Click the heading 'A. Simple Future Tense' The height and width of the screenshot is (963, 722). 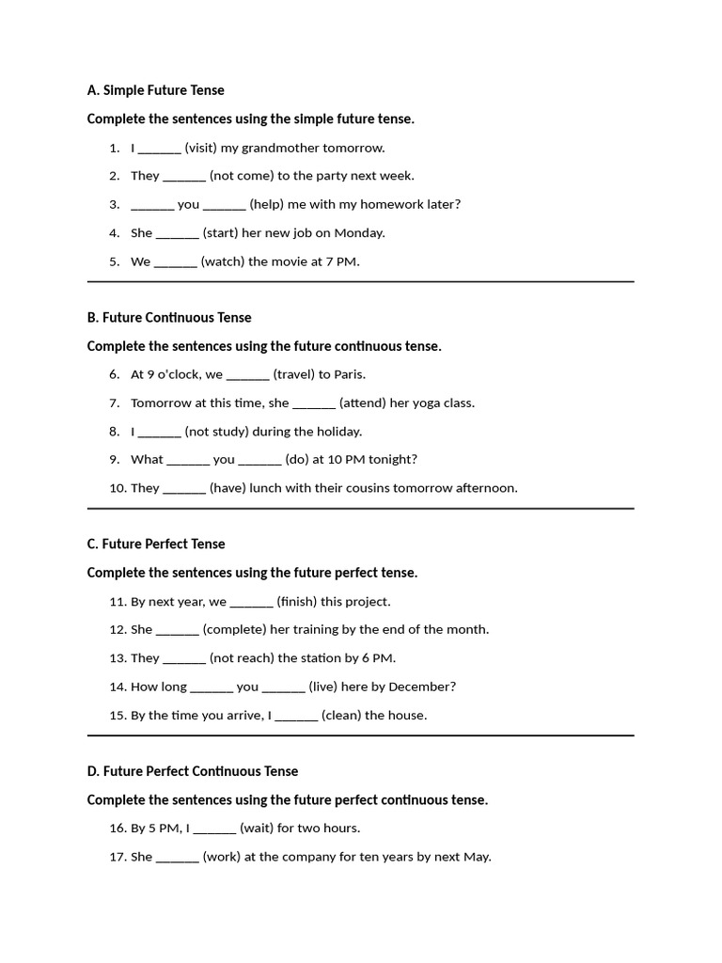pyautogui.click(x=155, y=90)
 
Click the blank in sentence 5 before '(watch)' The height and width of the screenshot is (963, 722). pyautogui.click(x=175, y=261)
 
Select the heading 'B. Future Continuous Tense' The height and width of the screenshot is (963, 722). pyautogui.click(x=169, y=318)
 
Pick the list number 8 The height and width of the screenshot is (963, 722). pyautogui.click(x=114, y=432)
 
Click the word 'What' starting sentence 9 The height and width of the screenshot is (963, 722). pyautogui.click(x=147, y=460)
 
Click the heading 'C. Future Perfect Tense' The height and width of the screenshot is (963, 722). pyautogui.click(x=156, y=545)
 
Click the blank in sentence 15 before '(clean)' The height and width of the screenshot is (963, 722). pyautogui.click(x=296, y=716)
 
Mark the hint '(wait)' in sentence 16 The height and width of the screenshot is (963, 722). pyautogui.click(x=257, y=829)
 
